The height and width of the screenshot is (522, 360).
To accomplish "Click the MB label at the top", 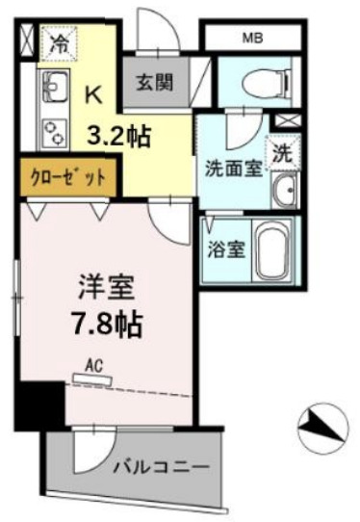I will tap(253, 38).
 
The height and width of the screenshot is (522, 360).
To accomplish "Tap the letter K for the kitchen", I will tap(94, 94).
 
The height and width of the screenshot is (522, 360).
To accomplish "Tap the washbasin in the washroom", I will tap(286, 192).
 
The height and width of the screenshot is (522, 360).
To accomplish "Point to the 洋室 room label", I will tap(106, 288).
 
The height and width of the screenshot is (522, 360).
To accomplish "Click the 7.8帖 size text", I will tap(107, 325).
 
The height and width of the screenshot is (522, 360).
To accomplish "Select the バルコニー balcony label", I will tap(159, 467).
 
